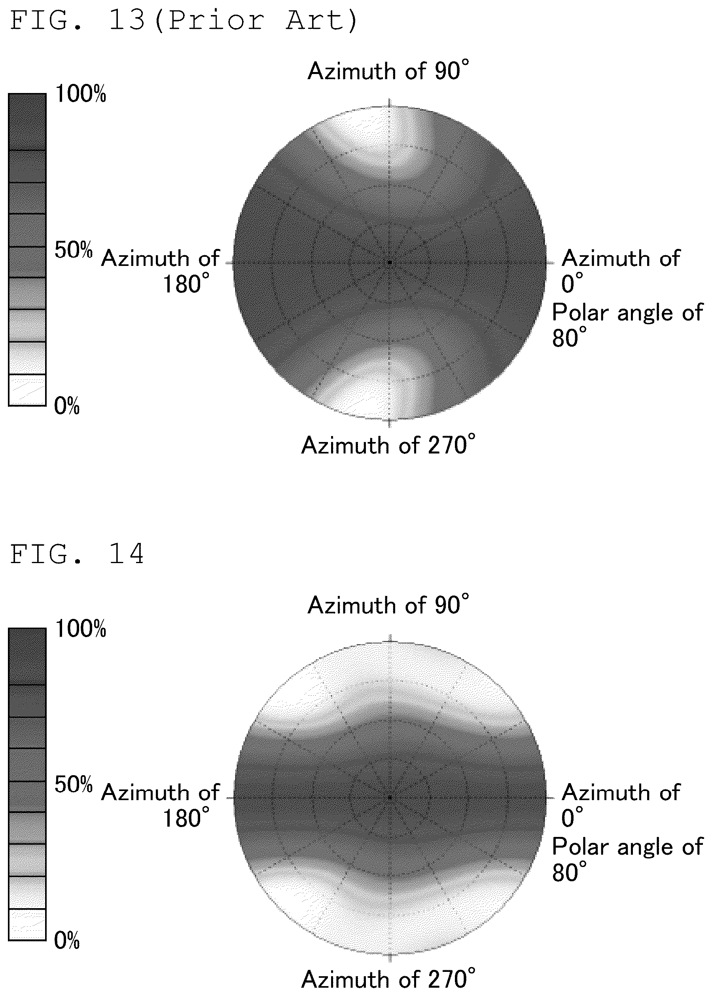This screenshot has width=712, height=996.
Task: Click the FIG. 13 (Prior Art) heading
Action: tap(184, 21)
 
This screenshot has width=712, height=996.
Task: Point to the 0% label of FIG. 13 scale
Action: tap(66, 406)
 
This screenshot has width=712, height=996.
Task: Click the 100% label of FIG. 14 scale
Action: tap(81, 628)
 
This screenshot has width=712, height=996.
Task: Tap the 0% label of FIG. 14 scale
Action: tap(66, 940)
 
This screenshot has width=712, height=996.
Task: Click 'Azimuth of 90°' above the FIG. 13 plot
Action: tap(388, 70)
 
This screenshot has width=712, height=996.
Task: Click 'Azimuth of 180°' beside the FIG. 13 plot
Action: tap(161, 271)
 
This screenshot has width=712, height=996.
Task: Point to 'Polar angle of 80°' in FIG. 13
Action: tap(627, 325)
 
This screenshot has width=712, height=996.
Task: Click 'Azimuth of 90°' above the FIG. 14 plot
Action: tap(388, 605)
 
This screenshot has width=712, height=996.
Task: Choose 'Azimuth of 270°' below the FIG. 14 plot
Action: tap(388, 979)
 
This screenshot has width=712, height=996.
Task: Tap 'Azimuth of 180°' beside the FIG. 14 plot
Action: tap(161, 805)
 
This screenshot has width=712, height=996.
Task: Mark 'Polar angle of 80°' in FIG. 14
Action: tap(627, 859)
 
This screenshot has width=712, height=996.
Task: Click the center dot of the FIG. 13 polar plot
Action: tap(389, 263)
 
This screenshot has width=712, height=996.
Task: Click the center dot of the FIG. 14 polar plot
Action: tap(389, 797)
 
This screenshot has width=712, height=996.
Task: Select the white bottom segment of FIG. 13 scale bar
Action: tap(27, 390)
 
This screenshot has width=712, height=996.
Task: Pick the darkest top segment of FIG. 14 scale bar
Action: tap(27, 656)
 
